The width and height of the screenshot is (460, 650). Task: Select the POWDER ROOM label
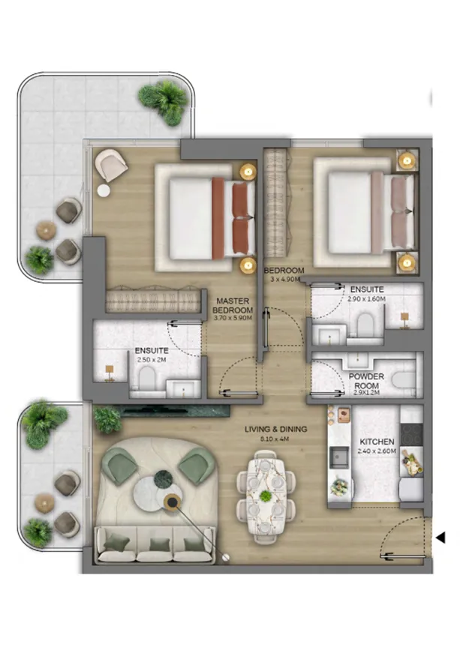point(365,382)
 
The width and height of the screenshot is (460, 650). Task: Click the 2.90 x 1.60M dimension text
point(366,298)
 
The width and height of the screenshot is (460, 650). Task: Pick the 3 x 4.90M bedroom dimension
point(284,279)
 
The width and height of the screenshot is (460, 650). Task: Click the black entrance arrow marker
point(441,537)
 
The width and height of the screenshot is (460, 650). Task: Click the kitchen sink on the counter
point(338,455)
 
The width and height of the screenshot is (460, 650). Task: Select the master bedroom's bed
point(203,218)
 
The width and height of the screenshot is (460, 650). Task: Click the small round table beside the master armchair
point(103,190)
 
